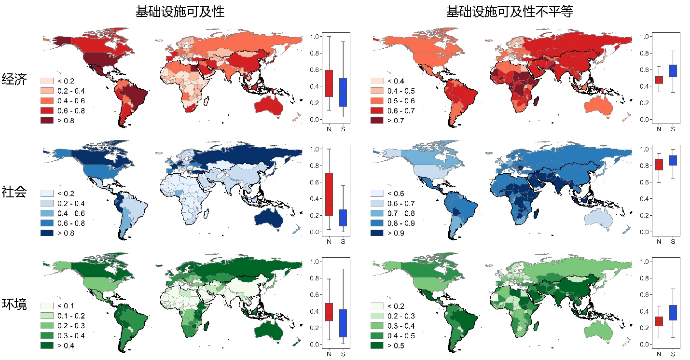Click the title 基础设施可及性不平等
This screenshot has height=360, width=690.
pos(510,12)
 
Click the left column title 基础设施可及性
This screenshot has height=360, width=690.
pos(180,12)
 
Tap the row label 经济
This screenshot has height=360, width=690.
pos(14,79)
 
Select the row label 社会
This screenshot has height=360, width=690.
pos(14,192)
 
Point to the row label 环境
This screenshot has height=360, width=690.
pos(14,305)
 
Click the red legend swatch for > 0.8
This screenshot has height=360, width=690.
pos(47,121)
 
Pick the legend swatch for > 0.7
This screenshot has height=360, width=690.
pos(377,121)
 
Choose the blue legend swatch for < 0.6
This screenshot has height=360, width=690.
pos(377,194)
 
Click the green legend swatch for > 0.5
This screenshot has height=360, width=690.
pos(377,346)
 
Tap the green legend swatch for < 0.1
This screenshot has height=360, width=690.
pos(47,306)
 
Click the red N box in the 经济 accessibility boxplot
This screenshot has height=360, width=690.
pos(329,83)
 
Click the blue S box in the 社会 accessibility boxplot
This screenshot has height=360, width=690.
pos(343,218)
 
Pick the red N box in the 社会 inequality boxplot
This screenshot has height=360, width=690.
pos(659,165)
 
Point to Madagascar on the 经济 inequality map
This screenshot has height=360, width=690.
pos(538,102)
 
